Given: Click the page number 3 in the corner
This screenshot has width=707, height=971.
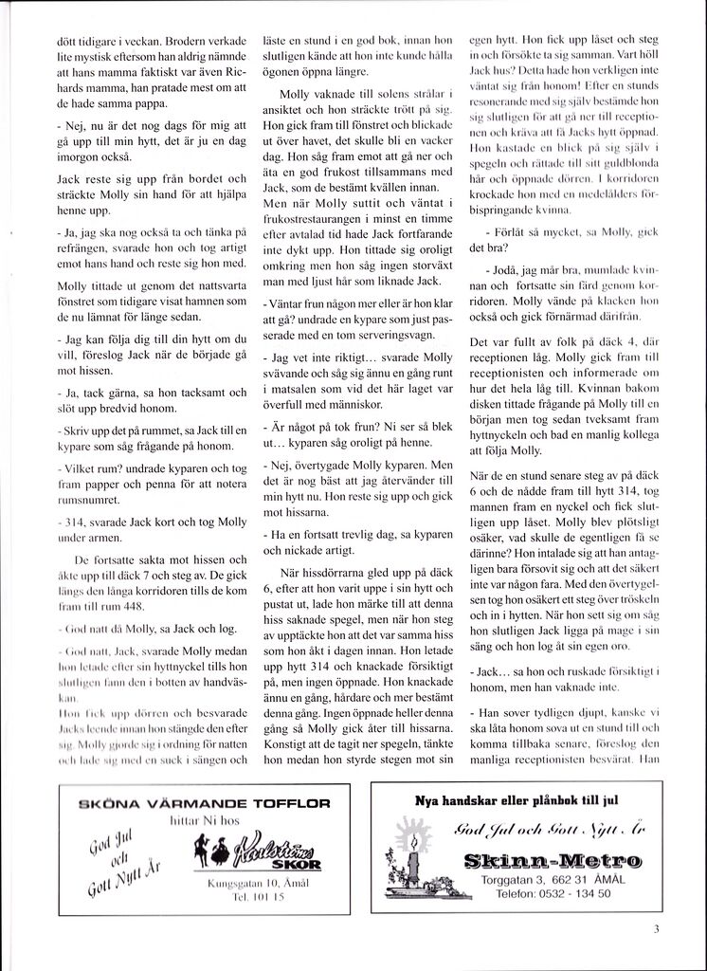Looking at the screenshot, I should (x=656, y=928).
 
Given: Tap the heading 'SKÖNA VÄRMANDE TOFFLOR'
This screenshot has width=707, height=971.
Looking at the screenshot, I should (x=204, y=802).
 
